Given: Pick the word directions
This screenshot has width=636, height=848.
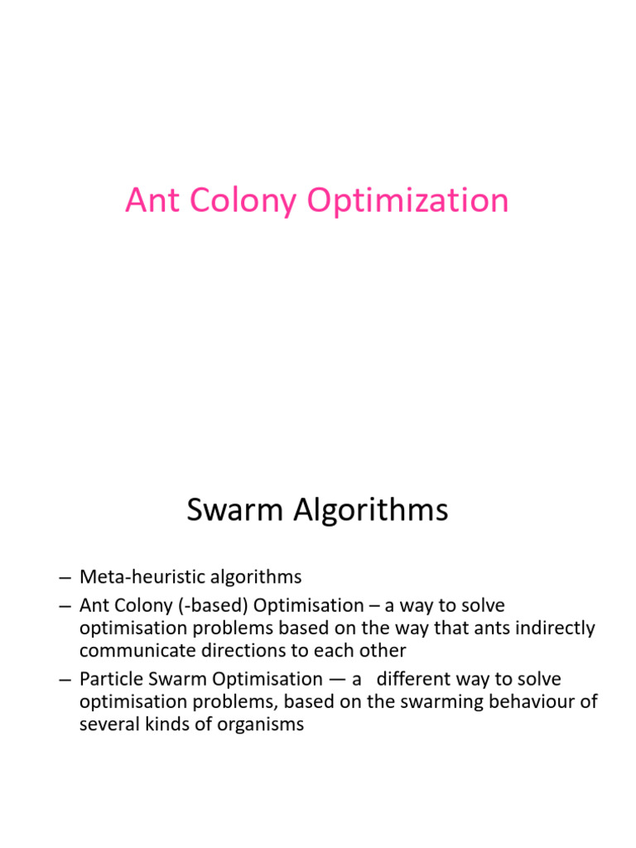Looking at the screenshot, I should point(237,650).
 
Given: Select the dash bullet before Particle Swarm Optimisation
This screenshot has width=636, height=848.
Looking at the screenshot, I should point(66,680).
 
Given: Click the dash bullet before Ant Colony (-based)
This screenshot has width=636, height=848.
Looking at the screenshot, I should point(66,605).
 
